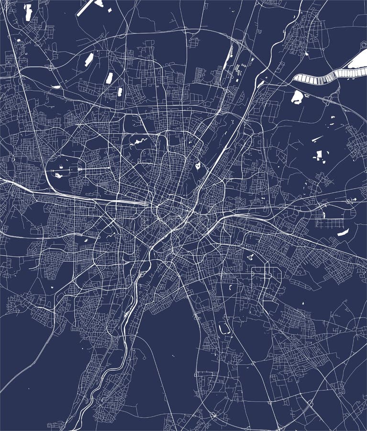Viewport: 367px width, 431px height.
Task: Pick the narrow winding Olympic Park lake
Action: pyautogui.click(x=136, y=142)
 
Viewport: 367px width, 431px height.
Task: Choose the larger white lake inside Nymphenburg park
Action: pyautogui.click(x=59, y=175)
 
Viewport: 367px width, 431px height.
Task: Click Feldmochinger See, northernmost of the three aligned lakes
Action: pyautogui.click(x=89, y=59)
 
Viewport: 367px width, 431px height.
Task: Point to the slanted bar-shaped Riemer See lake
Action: pyautogui.click(x=343, y=233)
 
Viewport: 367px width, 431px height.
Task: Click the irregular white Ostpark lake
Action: pyautogui.click(x=250, y=256)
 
